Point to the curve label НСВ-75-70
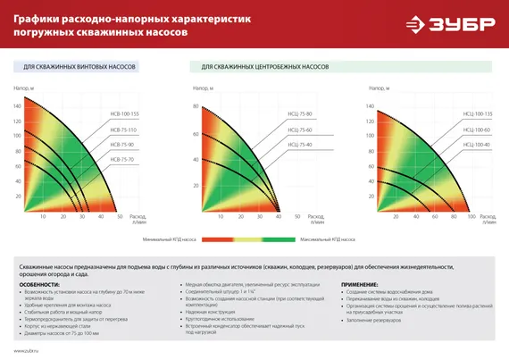[121, 159]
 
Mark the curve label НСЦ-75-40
[299, 145]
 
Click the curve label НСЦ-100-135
[477, 116]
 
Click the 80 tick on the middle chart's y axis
[197, 106]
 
